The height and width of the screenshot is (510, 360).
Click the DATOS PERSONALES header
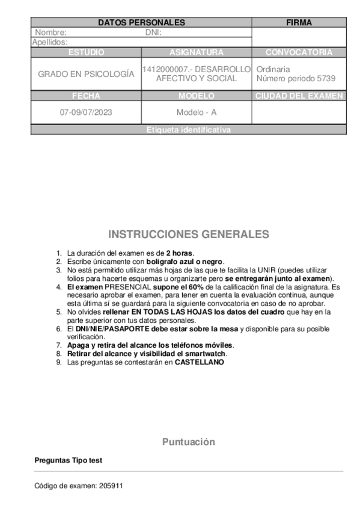coord(141,23)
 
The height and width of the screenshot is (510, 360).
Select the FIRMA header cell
coord(299,23)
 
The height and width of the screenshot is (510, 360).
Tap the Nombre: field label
coord(51,32)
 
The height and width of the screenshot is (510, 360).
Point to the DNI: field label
coord(154,32)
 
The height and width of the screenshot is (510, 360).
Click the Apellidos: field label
coord(50,42)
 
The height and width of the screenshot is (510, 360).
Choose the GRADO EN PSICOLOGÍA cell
coord(86,74)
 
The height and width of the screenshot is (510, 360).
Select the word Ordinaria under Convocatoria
coord(273,69)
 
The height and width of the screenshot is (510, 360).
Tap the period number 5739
coord(325,79)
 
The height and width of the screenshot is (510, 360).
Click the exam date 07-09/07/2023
coord(86,112)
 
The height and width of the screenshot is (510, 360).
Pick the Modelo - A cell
coord(197,112)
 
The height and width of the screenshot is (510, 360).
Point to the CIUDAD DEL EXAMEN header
coord(299,96)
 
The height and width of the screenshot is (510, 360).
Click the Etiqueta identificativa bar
coord(188,130)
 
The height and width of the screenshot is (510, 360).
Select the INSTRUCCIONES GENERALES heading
coord(189,234)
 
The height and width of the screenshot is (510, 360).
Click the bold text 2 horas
coord(180,253)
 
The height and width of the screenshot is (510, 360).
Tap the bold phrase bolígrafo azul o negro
coord(184,262)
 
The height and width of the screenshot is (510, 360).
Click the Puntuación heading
coord(188,442)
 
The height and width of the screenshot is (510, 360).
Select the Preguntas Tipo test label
coord(69,460)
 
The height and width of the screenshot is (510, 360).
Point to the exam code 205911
coord(111,485)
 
